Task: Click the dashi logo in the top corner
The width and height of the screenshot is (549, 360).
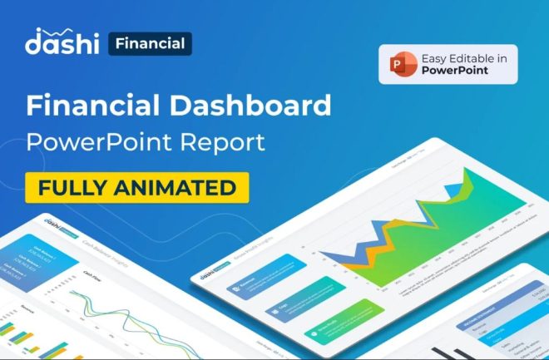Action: [x=62, y=42]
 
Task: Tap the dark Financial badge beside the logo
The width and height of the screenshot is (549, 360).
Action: [x=151, y=43]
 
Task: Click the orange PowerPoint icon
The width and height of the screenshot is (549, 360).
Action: [x=398, y=64]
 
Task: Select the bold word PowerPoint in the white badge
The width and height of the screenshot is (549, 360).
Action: [x=456, y=72]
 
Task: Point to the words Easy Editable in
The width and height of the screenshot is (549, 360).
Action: [x=462, y=57]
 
